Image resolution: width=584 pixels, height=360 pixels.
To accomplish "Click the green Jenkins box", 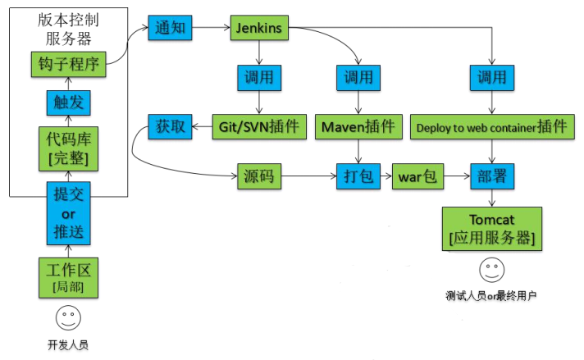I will click(x=259, y=28).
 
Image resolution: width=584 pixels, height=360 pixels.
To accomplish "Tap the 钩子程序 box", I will click(x=68, y=63).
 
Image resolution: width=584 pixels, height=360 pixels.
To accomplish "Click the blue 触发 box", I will click(x=68, y=103).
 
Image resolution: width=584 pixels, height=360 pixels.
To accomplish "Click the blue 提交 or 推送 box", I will click(x=68, y=213).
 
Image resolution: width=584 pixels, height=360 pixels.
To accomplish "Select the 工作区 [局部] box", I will click(x=68, y=277).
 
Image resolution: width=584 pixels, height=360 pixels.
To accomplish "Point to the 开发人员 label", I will click(x=68, y=344).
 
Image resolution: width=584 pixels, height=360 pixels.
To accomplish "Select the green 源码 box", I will click(x=260, y=176).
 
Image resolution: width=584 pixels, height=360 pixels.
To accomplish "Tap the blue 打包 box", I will click(x=358, y=176).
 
